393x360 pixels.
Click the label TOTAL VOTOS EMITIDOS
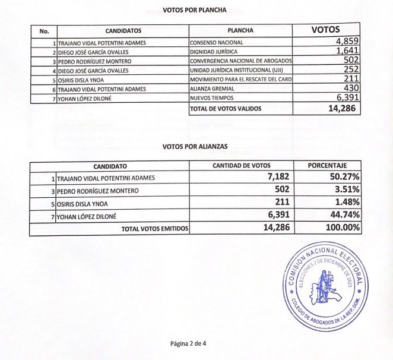point(155,229)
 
